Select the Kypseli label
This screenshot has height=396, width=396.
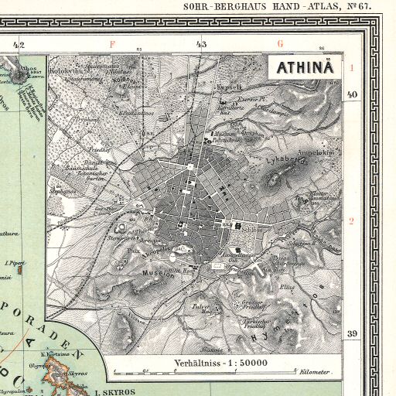point(231,87)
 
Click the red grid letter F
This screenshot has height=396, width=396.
point(112,44)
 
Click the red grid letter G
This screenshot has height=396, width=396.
point(280,44)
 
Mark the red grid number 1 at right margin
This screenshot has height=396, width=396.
point(351,68)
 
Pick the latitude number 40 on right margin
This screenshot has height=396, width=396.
point(352,94)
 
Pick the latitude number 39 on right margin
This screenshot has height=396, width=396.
point(352,333)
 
